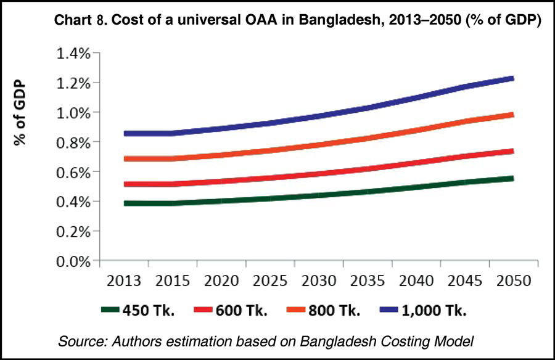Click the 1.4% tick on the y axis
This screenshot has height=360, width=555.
click(x=73, y=54)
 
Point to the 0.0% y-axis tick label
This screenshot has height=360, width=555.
click(x=73, y=261)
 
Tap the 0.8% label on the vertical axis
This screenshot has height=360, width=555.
click(x=73, y=142)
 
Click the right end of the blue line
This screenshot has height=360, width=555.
click(x=512, y=78)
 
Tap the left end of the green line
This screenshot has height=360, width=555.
click(x=125, y=203)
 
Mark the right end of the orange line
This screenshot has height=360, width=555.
click(x=512, y=115)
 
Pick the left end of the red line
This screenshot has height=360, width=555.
click(x=125, y=184)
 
